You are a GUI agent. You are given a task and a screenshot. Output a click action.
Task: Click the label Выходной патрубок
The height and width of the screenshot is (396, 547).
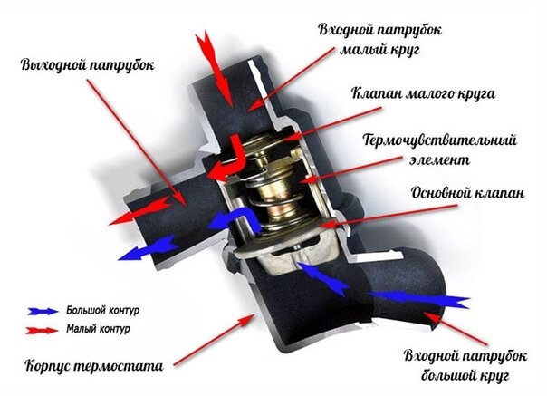(x=87, y=65)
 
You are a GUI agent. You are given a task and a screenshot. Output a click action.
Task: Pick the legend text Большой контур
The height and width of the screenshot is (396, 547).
(x=98, y=311)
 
